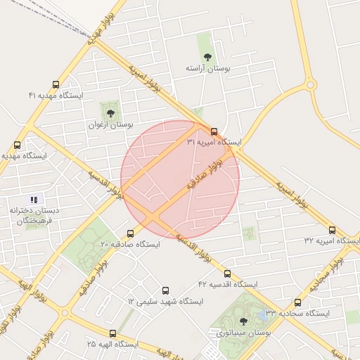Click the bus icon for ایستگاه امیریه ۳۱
(214, 131)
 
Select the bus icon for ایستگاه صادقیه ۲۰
(130, 233)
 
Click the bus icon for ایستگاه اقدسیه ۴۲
(227, 274)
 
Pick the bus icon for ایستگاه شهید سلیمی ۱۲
(166, 290)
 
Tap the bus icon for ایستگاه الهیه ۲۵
(112, 333)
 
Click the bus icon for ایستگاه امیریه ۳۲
(332, 230)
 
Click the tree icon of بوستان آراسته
(207, 57)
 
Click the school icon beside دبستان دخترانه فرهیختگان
(34, 200)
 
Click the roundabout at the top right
(310, 84)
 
